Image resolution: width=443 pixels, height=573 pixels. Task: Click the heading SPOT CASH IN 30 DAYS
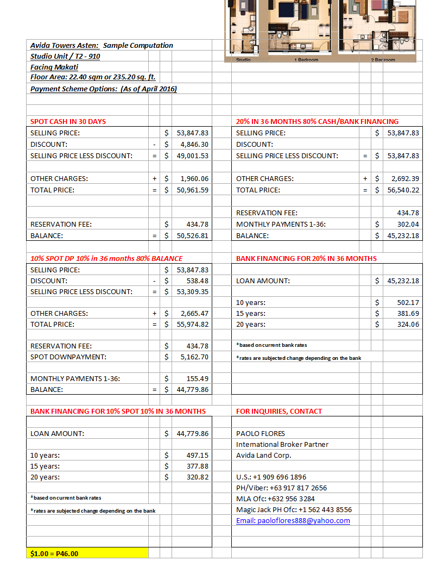(68, 121)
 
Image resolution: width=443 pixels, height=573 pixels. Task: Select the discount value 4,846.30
(193, 144)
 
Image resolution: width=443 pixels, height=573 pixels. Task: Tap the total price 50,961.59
(193, 190)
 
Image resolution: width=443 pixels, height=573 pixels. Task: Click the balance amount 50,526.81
(193, 235)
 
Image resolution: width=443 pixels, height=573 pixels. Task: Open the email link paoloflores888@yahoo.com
(293, 520)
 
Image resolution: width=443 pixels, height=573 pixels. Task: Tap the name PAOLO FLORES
(258, 433)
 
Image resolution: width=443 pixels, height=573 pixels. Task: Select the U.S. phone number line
(271, 477)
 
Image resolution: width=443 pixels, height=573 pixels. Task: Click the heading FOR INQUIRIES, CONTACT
(279, 411)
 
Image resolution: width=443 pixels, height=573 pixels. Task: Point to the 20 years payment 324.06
(408, 324)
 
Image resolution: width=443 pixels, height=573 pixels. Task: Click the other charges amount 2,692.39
(404, 178)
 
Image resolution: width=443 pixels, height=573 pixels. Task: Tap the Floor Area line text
(93, 77)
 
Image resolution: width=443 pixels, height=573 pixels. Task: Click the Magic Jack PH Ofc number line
(294, 509)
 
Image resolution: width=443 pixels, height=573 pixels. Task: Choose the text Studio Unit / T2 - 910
(65, 56)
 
